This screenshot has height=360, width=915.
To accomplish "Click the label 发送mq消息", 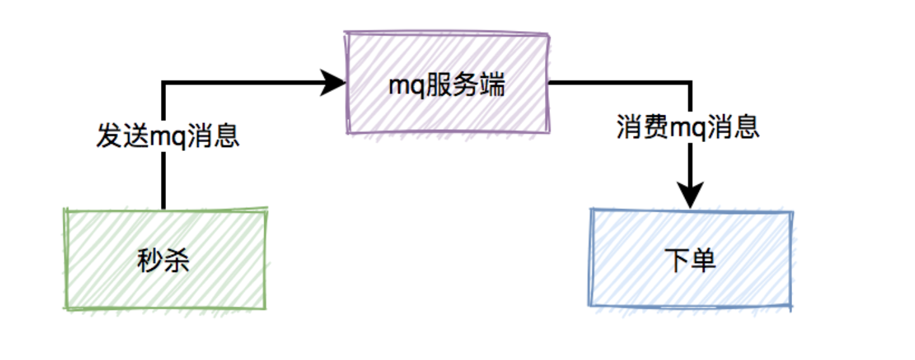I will [x=168, y=136].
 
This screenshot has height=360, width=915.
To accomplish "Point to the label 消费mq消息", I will [x=688, y=127].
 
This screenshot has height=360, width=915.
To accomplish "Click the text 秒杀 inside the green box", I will [x=163, y=260].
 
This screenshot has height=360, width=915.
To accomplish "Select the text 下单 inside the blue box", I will [x=691, y=260].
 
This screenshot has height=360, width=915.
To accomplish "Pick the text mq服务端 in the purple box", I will [x=447, y=84].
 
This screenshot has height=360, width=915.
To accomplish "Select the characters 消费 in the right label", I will [x=641, y=127].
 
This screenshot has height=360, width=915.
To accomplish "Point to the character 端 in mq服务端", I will [x=492, y=84].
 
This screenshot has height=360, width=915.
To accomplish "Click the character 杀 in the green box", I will [x=177, y=260].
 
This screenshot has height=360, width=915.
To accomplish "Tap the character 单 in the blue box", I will [x=704, y=260].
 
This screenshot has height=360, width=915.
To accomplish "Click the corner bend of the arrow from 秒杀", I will [x=163, y=82].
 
